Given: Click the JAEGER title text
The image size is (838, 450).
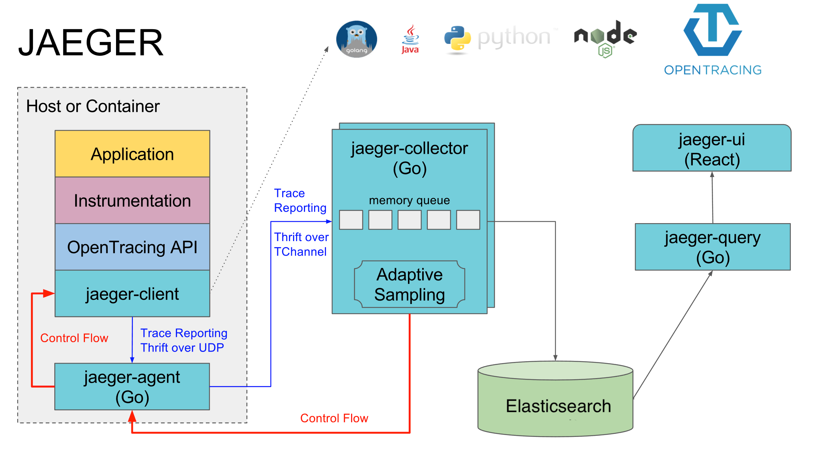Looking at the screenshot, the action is [x=91, y=43].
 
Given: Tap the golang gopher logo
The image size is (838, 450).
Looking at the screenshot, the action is [x=356, y=39].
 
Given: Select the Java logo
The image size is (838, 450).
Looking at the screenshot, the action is [x=410, y=39].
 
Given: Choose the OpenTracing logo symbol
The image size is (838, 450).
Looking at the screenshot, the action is [x=713, y=30].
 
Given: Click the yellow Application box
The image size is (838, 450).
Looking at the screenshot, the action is [x=132, y=153].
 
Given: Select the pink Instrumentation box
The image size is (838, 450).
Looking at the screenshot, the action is [x=132, y=200].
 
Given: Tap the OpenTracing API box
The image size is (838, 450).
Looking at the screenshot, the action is [x=132, y=247].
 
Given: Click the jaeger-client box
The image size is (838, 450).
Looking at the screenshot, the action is [x=132, y=294].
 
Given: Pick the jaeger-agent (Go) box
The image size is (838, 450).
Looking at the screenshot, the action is [x=132, y=386].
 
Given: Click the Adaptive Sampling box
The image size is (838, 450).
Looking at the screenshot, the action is [x=409, y=284].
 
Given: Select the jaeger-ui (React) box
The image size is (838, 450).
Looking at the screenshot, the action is [x=712, y=148].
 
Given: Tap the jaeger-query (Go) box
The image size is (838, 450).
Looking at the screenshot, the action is [x=713, y=247].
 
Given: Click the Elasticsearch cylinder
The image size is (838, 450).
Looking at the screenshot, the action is [x=555, y=399].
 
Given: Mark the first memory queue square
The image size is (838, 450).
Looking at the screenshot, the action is [x=351, y=220].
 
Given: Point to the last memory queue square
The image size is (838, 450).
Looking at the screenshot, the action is [x=468, y=220].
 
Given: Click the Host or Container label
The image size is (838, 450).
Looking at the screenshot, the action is [x=93, y=106].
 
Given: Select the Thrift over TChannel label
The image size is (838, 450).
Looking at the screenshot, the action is [x=301, y=244].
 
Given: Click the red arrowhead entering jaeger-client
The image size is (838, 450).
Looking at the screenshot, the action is [x=49, y=294].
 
